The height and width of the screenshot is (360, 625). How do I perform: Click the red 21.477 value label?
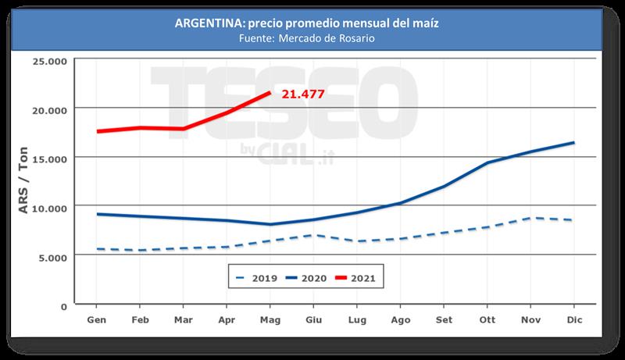click(x=302, y=94)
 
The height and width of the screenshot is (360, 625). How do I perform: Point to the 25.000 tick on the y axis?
click(x=48, y=59)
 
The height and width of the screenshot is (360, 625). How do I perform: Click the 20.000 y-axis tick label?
click(x=48, y=109)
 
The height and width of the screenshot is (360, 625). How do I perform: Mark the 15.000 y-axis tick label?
click(x=48, y=158)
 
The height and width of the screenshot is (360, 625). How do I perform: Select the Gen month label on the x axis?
click(x=96, y=319)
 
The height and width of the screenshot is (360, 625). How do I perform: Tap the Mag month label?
click(x=270, y=319)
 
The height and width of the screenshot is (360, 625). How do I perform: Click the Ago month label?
click(x=400, y=319)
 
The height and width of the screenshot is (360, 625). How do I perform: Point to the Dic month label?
click(x=574, y=319)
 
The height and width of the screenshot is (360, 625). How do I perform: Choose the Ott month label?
click(x=487, y=319)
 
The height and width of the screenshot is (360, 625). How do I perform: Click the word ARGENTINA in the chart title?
click(x=206, y=23)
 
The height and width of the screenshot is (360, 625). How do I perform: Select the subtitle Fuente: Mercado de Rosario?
click(x=312, y=38)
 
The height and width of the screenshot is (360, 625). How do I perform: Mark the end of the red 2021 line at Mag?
click(x=270, y=93)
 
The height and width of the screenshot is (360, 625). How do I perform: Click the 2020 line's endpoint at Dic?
click(x=574, y=142)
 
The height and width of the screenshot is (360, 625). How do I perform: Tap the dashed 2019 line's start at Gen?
click(x=97, y=249)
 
